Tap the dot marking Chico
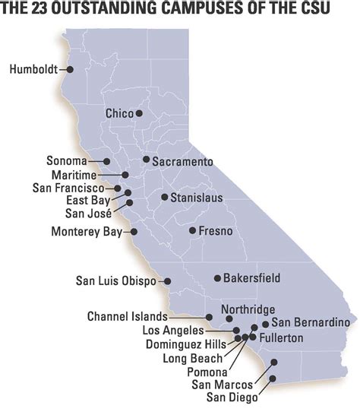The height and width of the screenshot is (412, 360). tap(140, 113)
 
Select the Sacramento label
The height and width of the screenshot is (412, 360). tap(182, 161)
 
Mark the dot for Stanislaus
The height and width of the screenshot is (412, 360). tap(164, 197)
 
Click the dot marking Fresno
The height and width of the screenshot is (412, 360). tap(193, 230)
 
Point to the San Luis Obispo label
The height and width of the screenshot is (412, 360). tap(115, 280)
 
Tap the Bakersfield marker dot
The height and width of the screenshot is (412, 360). tap(217, 278)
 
